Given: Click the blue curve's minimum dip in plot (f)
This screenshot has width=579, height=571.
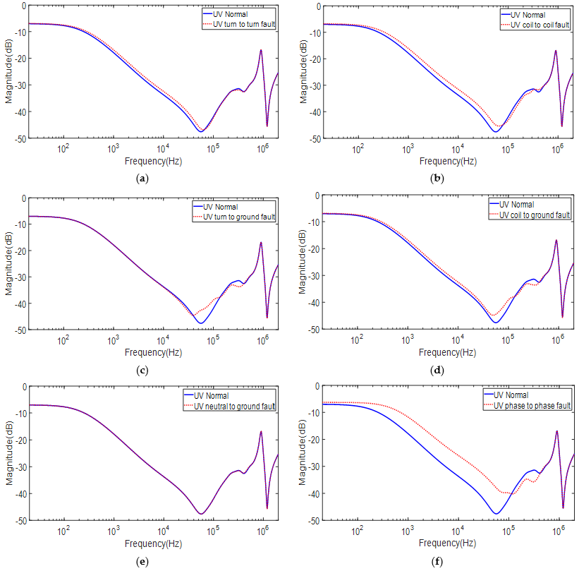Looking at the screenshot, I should pyautogui.click(x=496, y=514).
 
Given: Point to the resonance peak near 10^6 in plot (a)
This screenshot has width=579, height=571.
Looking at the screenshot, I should pyautogui.click(x=261, y=50).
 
